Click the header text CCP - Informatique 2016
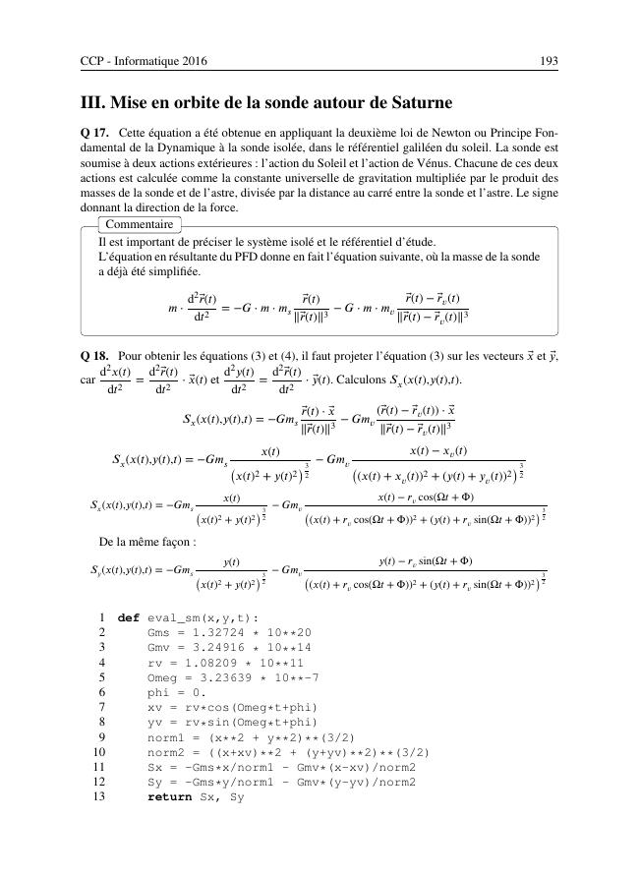(x=138, y=61)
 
